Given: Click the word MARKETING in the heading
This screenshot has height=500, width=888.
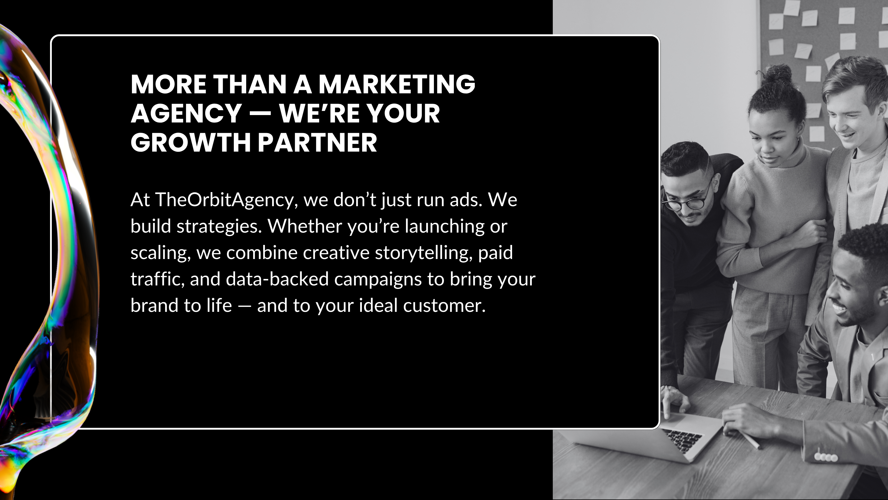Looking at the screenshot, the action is (x=397, y=84).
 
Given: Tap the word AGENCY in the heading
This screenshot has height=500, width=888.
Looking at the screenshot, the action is (x=186, y=114).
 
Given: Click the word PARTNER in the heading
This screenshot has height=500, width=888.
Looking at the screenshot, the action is (x=317, y=142).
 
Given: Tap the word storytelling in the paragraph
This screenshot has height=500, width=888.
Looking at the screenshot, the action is (x=424, y=253).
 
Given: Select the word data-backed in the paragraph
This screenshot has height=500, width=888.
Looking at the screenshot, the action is (x=277, y=279).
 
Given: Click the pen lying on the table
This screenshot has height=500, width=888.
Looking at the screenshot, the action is (x=752, y=441).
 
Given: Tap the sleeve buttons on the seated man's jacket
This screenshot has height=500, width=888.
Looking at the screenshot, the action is (x=826, y=457).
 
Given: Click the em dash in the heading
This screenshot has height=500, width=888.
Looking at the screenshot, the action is (x=260, y=114).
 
